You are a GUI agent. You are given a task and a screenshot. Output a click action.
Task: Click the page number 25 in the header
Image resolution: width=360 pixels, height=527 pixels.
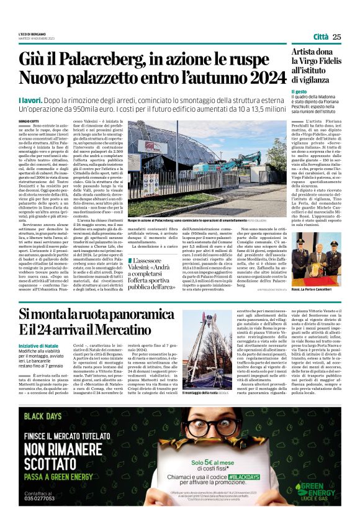point(336,37)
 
